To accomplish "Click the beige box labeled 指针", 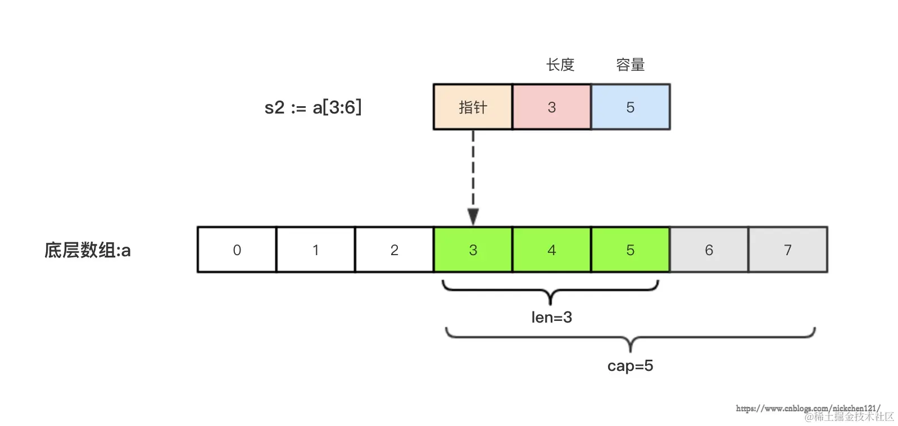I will click(473, 107).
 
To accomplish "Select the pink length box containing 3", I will click(551, 107).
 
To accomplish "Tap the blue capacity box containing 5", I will click(630, 107).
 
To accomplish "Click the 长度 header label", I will click(560, 65).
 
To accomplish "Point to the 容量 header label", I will click(630, 65).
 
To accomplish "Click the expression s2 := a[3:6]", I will click(313, 107).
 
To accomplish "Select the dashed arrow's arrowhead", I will click(473, 216).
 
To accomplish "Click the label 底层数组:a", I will click(87, 250).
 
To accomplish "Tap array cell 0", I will click(237, 250).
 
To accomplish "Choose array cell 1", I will click(315, 250).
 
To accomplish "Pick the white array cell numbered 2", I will click(394, 250).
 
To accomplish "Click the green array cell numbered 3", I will click(473, 250).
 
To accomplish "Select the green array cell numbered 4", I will click(551, 250).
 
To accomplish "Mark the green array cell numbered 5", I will click(630, 250).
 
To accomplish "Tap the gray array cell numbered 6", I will click(709, 250).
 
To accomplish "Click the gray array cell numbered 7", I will click(787, 250).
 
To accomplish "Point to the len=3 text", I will click(551, 318).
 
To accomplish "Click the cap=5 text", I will click(630, 366).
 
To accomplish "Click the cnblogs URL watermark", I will click(808, 408).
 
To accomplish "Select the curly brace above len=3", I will click(550, 291).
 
